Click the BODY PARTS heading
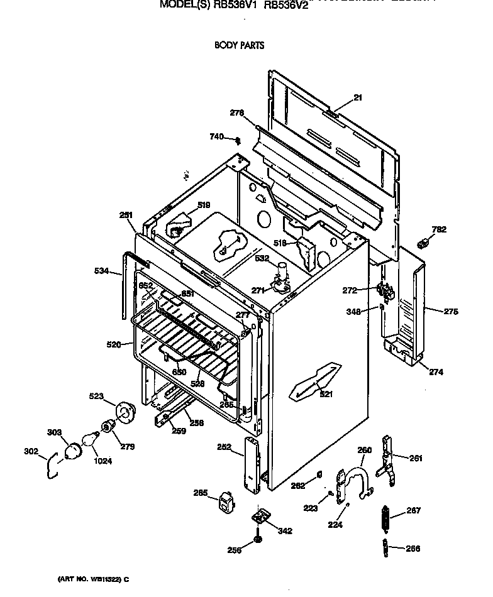point(239,45)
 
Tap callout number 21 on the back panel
point(358,97)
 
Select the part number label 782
point(439,229)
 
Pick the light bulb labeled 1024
point(92,438)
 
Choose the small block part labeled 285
point(225,504)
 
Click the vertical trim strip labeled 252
point(253,464)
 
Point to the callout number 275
point(451,311)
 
